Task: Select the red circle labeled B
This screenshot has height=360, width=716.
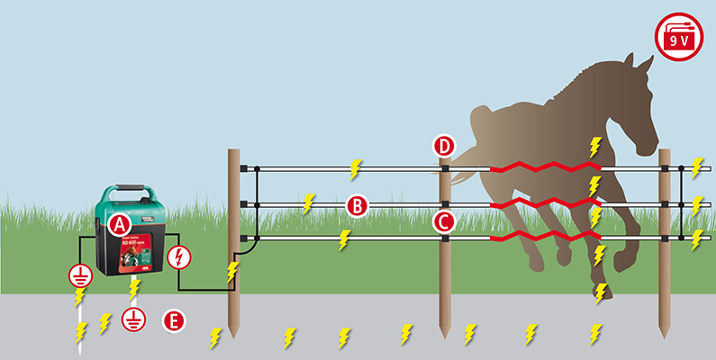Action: click(x=357, y=206)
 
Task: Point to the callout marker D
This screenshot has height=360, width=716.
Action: click(x=443, y=146)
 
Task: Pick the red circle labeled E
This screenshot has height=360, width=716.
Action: click(x=174, y=319)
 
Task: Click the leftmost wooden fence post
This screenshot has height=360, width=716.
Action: click(x=234, y=243)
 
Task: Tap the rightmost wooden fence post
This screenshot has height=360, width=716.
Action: click(x=665, y=243)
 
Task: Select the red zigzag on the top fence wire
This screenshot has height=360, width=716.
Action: click(x=545, y=168)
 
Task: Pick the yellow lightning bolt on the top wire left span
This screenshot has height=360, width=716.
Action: click(x=356, y=168)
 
